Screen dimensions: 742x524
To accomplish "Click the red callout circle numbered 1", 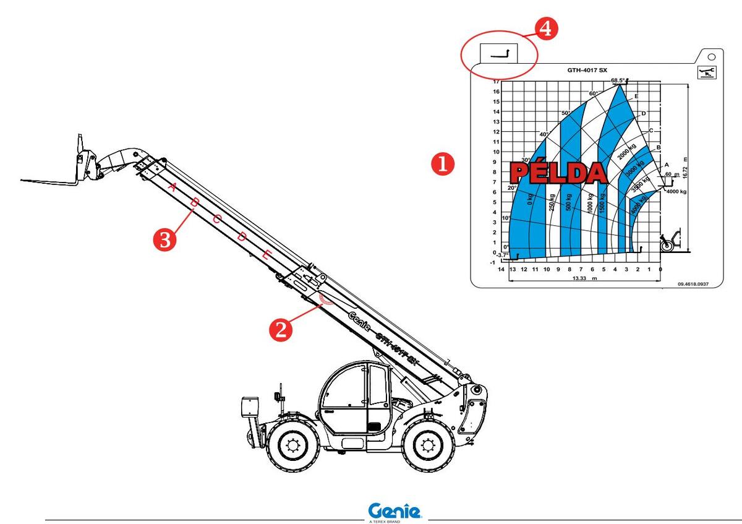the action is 443,163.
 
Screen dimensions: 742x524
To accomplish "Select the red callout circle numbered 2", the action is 281,329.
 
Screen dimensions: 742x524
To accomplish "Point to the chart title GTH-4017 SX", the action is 587,70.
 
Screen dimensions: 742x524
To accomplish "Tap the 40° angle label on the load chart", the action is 544,134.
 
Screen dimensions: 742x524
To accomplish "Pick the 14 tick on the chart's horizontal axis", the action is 501,269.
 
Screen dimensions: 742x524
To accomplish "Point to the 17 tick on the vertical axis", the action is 496,81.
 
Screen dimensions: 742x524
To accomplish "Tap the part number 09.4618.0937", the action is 693,285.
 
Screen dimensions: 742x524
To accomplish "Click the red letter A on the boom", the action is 173,186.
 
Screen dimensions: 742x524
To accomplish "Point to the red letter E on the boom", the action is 266,254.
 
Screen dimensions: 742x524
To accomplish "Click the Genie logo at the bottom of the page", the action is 395,512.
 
